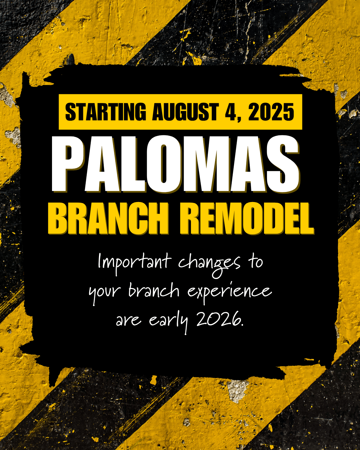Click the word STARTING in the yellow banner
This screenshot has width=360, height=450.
point(105,112)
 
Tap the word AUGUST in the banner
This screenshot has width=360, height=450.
point(185,112)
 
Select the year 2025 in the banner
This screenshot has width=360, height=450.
point(271,112)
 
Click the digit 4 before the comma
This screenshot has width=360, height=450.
point(231,112)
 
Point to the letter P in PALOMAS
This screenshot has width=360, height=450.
point(68,164)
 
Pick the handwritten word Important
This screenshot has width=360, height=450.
point(134,262)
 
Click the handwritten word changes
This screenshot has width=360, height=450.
point(209,265)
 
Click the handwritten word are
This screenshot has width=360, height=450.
point(129,321)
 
